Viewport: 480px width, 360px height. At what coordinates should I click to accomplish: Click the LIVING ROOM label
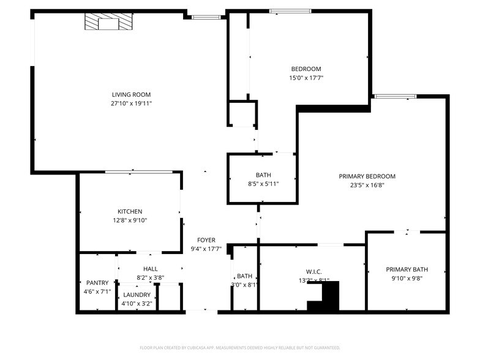pos(131,94)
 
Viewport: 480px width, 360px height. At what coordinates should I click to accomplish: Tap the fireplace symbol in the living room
pos(108,23)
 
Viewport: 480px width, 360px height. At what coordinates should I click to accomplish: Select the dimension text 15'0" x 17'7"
pos(306,78)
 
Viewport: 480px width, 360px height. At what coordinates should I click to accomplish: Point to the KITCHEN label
pos(130,211)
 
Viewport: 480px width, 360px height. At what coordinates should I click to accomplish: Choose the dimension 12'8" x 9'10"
pos(130,220)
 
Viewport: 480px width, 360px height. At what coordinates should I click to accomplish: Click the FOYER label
pos(206,240)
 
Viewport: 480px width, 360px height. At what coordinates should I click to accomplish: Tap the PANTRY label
pos(97,282)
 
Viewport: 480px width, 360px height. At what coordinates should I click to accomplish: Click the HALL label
pos(150,269)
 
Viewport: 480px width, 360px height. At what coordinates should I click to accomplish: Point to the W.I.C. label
pos(313,272)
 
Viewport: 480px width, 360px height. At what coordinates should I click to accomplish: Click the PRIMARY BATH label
pos(407,269)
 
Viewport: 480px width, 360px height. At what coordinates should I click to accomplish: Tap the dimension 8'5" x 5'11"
pos(263,184)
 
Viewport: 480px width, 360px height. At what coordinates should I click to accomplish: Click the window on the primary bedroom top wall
pos(395,96)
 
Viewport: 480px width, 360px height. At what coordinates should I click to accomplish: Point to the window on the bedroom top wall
pos(290,10)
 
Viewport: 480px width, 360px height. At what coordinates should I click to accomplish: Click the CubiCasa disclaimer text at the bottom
pos(240,347)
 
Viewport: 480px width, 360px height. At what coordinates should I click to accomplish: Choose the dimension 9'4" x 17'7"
pos(206,249)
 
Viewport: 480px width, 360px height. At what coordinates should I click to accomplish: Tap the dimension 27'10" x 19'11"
pos(131,103)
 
